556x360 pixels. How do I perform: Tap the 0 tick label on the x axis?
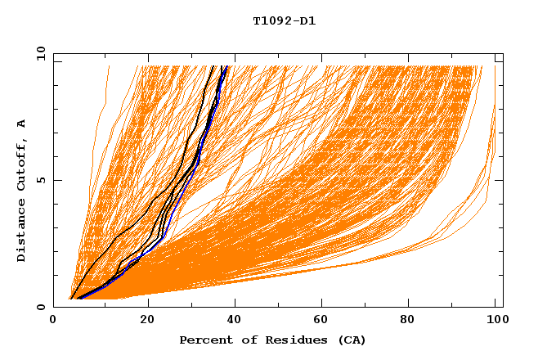(x=53, y=320)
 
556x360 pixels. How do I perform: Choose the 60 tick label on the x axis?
(x=325, y=320)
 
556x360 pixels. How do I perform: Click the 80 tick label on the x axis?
(x=413, y=320)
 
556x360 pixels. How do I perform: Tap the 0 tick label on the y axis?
(x=40, y=307)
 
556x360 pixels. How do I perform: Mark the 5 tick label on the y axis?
(x=40, y=180)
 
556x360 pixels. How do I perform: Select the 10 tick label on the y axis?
(x=38, y=53)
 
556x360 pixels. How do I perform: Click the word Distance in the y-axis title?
(x=21, y=232)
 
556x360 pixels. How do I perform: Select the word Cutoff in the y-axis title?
(x=21, y=164)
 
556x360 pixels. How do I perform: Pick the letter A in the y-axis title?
(x=21, y=124)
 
